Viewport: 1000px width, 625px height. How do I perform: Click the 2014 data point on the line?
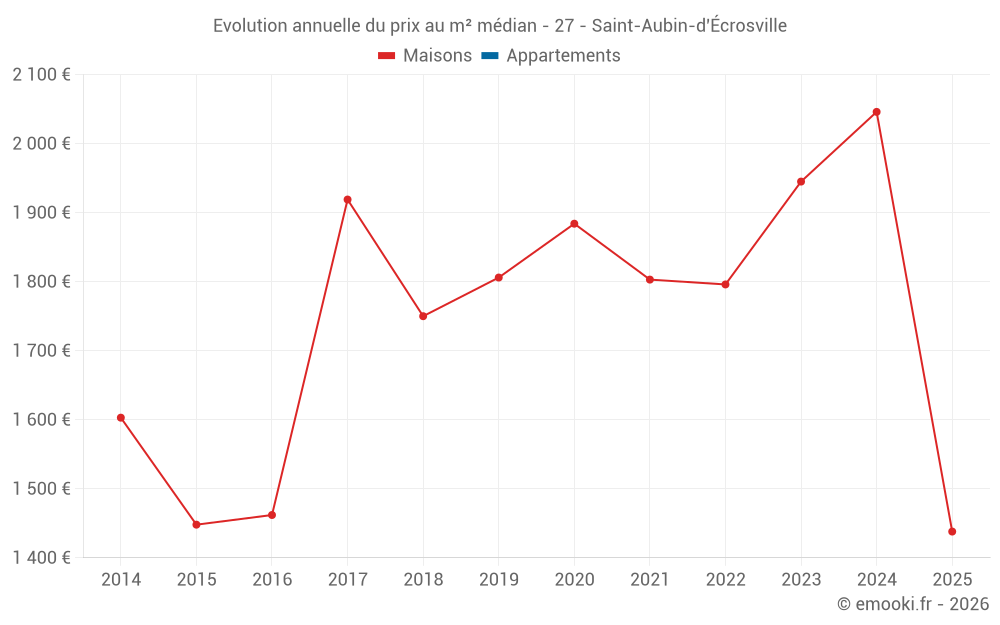click(x=121, y=418)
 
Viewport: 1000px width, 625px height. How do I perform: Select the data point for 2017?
click(x=347, y=200)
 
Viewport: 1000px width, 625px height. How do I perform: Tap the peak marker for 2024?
click(x=877, y=112)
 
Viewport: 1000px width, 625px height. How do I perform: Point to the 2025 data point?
click(x=952, y=532)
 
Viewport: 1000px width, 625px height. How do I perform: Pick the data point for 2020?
click(x=574, y=224)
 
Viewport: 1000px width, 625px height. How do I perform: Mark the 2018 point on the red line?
click(x=423, y=316)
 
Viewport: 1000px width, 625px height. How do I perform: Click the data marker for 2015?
click(x=196, y=525)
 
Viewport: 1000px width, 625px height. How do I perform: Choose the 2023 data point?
click(x=801, y=182)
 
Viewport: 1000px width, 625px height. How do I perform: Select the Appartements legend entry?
click(x=563, y=56)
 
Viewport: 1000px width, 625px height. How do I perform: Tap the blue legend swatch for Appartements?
click(x=490, y=56)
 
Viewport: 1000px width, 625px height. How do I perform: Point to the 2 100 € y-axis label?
click(x=41, y=75)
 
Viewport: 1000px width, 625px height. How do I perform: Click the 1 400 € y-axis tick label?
click(x=41, y=558)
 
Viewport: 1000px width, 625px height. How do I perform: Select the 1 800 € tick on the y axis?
click(x=41, y=282)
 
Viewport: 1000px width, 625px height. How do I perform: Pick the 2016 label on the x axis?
click(x=272, y=580)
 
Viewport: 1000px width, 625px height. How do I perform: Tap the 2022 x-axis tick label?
click(x=725, y=580)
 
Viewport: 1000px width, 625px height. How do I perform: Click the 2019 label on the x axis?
click(x=499, y=580)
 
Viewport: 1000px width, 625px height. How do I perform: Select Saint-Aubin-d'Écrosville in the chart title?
click(x=689, y=26)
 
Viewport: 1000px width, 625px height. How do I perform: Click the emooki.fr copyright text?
click(x=913, y=604)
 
